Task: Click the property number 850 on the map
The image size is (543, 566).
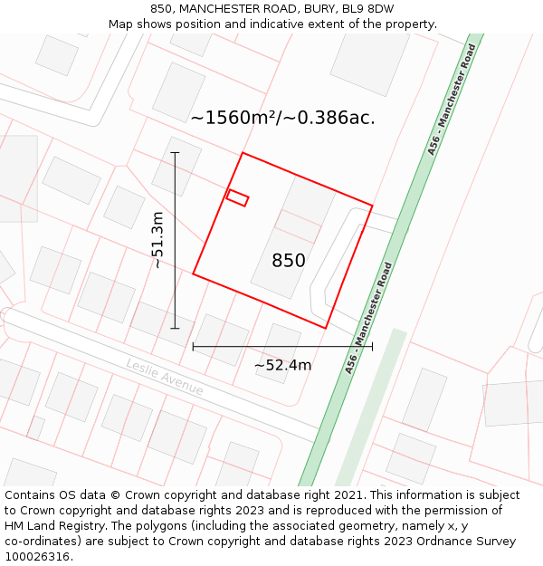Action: [x=289, y=261]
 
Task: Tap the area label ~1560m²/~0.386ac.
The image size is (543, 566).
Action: [x=282, y=117]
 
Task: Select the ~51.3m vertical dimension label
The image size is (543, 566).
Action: [x=157, y=240]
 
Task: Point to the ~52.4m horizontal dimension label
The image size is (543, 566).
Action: [x=282, y=365]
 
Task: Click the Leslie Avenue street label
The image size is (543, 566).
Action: [x=165, y=376]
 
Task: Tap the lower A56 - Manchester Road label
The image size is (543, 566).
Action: [x=370, y=318]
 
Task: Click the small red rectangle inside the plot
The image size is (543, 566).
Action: [x=237, y=197]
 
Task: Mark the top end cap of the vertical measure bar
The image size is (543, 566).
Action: [x=175, y=153]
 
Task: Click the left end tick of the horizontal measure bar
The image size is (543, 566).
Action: [x=193, y=346]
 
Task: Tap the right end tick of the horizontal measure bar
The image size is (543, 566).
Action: [x=372, y=346]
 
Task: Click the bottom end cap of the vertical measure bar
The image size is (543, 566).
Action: [x=175, y=329]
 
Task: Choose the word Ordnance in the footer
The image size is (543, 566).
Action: [x=443, y=542]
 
